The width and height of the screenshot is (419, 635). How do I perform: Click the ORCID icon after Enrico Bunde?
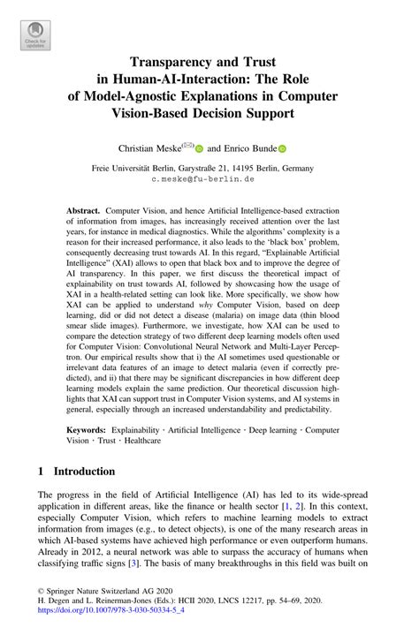(283, 150)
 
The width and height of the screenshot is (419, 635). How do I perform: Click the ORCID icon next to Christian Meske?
(200, 150)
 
